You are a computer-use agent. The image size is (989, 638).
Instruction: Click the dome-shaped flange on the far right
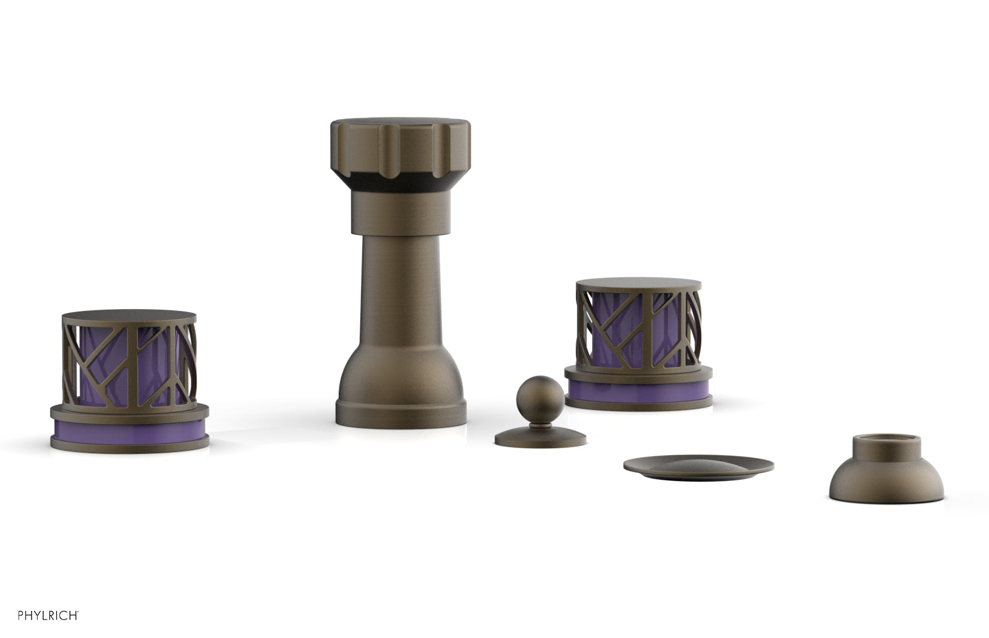pyautogui.click(x=886, y=482)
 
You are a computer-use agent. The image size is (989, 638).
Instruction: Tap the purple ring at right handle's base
pyautogui.click(x=638, y=389)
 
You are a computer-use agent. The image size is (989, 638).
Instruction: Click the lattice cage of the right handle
pyautogui.click(x=638, y=328)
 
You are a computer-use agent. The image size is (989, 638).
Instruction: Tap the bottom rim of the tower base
pyautogui.click(x=401, y=414)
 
